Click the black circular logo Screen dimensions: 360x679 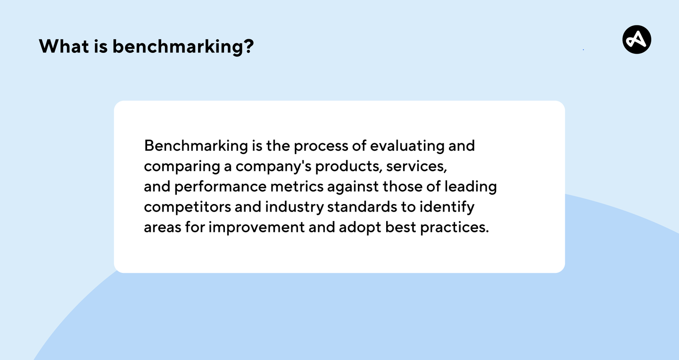click(x=637, y=40)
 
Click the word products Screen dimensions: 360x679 click(x=348, y=167)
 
